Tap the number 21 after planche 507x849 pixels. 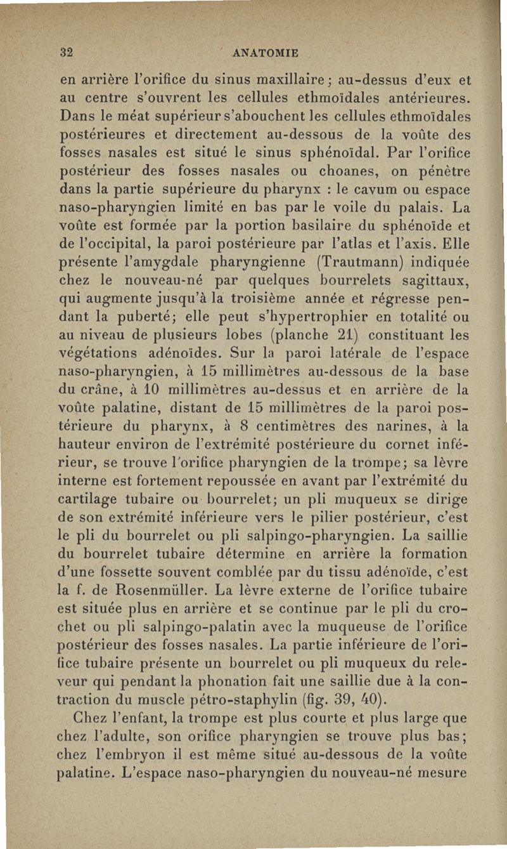click(x=340, y=330)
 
